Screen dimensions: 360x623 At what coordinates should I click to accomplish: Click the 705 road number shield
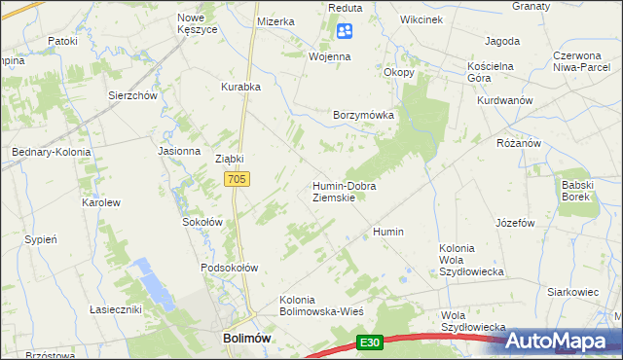238,179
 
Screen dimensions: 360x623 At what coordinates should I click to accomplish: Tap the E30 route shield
368,342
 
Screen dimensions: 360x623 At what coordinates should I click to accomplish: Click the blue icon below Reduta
344,32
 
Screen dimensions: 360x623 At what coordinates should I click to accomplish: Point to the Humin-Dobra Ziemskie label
344,191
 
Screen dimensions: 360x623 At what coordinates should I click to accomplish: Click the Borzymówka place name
363,115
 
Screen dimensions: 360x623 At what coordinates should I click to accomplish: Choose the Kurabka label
240,87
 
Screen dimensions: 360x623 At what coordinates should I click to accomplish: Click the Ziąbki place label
229,159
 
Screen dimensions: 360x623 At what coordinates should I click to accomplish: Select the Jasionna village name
178,152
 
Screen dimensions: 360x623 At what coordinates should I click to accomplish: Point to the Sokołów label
203,222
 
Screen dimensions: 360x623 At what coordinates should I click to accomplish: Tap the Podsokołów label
229,268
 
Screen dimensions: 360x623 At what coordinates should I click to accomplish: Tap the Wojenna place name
330,57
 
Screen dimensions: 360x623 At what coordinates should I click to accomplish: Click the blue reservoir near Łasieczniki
154,283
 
